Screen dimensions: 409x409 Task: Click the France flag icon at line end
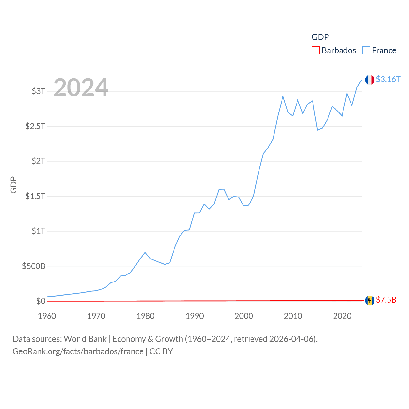[370, 80]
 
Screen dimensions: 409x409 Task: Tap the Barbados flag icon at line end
[370, 300]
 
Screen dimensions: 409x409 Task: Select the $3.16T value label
[388, 79]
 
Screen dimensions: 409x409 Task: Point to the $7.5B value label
[386, 300]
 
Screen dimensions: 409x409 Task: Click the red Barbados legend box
[315, 50]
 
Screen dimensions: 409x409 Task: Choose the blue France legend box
[366, 50]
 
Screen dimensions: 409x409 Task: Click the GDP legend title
[320, 37]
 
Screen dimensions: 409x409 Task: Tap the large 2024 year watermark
[81, 87]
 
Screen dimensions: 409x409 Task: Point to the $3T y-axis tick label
[38, 91]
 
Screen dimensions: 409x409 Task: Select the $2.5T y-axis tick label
[35, 126]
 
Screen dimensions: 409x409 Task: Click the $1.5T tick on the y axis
[35, 196]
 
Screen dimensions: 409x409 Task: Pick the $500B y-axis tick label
[34, 266]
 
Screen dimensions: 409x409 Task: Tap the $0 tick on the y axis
[41, 301]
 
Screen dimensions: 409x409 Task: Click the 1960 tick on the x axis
[47, 316]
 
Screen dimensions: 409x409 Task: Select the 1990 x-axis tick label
[195, 316]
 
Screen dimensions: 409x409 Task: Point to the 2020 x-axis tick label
[342, 316]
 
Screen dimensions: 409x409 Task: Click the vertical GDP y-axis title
[13, 185]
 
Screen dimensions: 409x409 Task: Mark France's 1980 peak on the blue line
[145, 252]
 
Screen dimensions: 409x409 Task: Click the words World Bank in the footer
[85, 339]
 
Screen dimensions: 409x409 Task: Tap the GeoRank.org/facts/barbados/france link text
[78, 351]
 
